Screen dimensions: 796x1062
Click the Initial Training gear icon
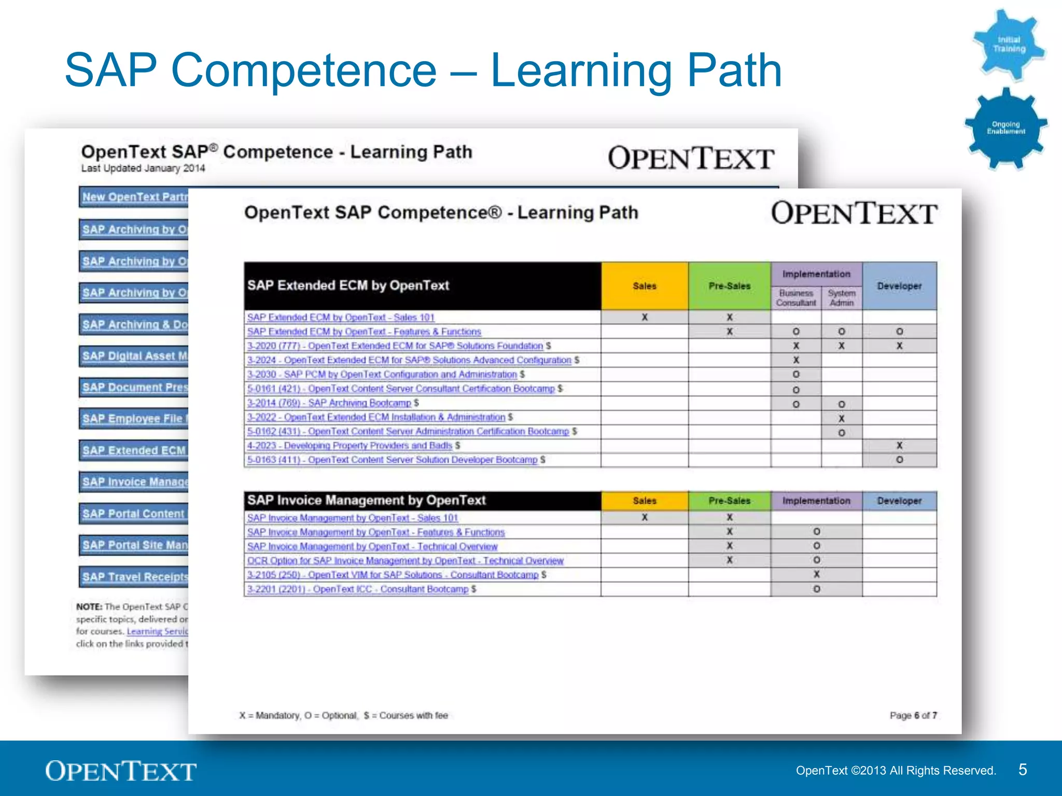1009,45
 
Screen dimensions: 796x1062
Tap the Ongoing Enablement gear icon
1005,128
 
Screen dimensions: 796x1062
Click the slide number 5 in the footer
1022,770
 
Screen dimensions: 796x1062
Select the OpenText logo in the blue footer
121,771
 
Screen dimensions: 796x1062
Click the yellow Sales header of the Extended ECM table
645,286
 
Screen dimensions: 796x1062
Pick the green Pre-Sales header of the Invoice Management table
729,501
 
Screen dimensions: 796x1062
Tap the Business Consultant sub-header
795,298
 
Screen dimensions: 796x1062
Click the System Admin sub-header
841,298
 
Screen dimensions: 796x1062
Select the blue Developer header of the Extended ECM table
899,286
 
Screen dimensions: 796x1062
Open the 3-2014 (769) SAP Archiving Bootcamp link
329,403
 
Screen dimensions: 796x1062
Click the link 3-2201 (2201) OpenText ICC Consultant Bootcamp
357,589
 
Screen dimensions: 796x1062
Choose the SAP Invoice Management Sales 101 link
352,518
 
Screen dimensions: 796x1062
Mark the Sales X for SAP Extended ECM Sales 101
645,317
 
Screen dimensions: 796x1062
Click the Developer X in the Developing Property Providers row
899,446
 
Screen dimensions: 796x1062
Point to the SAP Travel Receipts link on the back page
135,577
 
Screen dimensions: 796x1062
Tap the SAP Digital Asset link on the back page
135,356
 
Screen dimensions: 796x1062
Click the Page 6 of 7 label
913,715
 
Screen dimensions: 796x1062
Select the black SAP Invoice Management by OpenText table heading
366,501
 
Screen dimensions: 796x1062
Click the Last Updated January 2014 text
143,168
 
